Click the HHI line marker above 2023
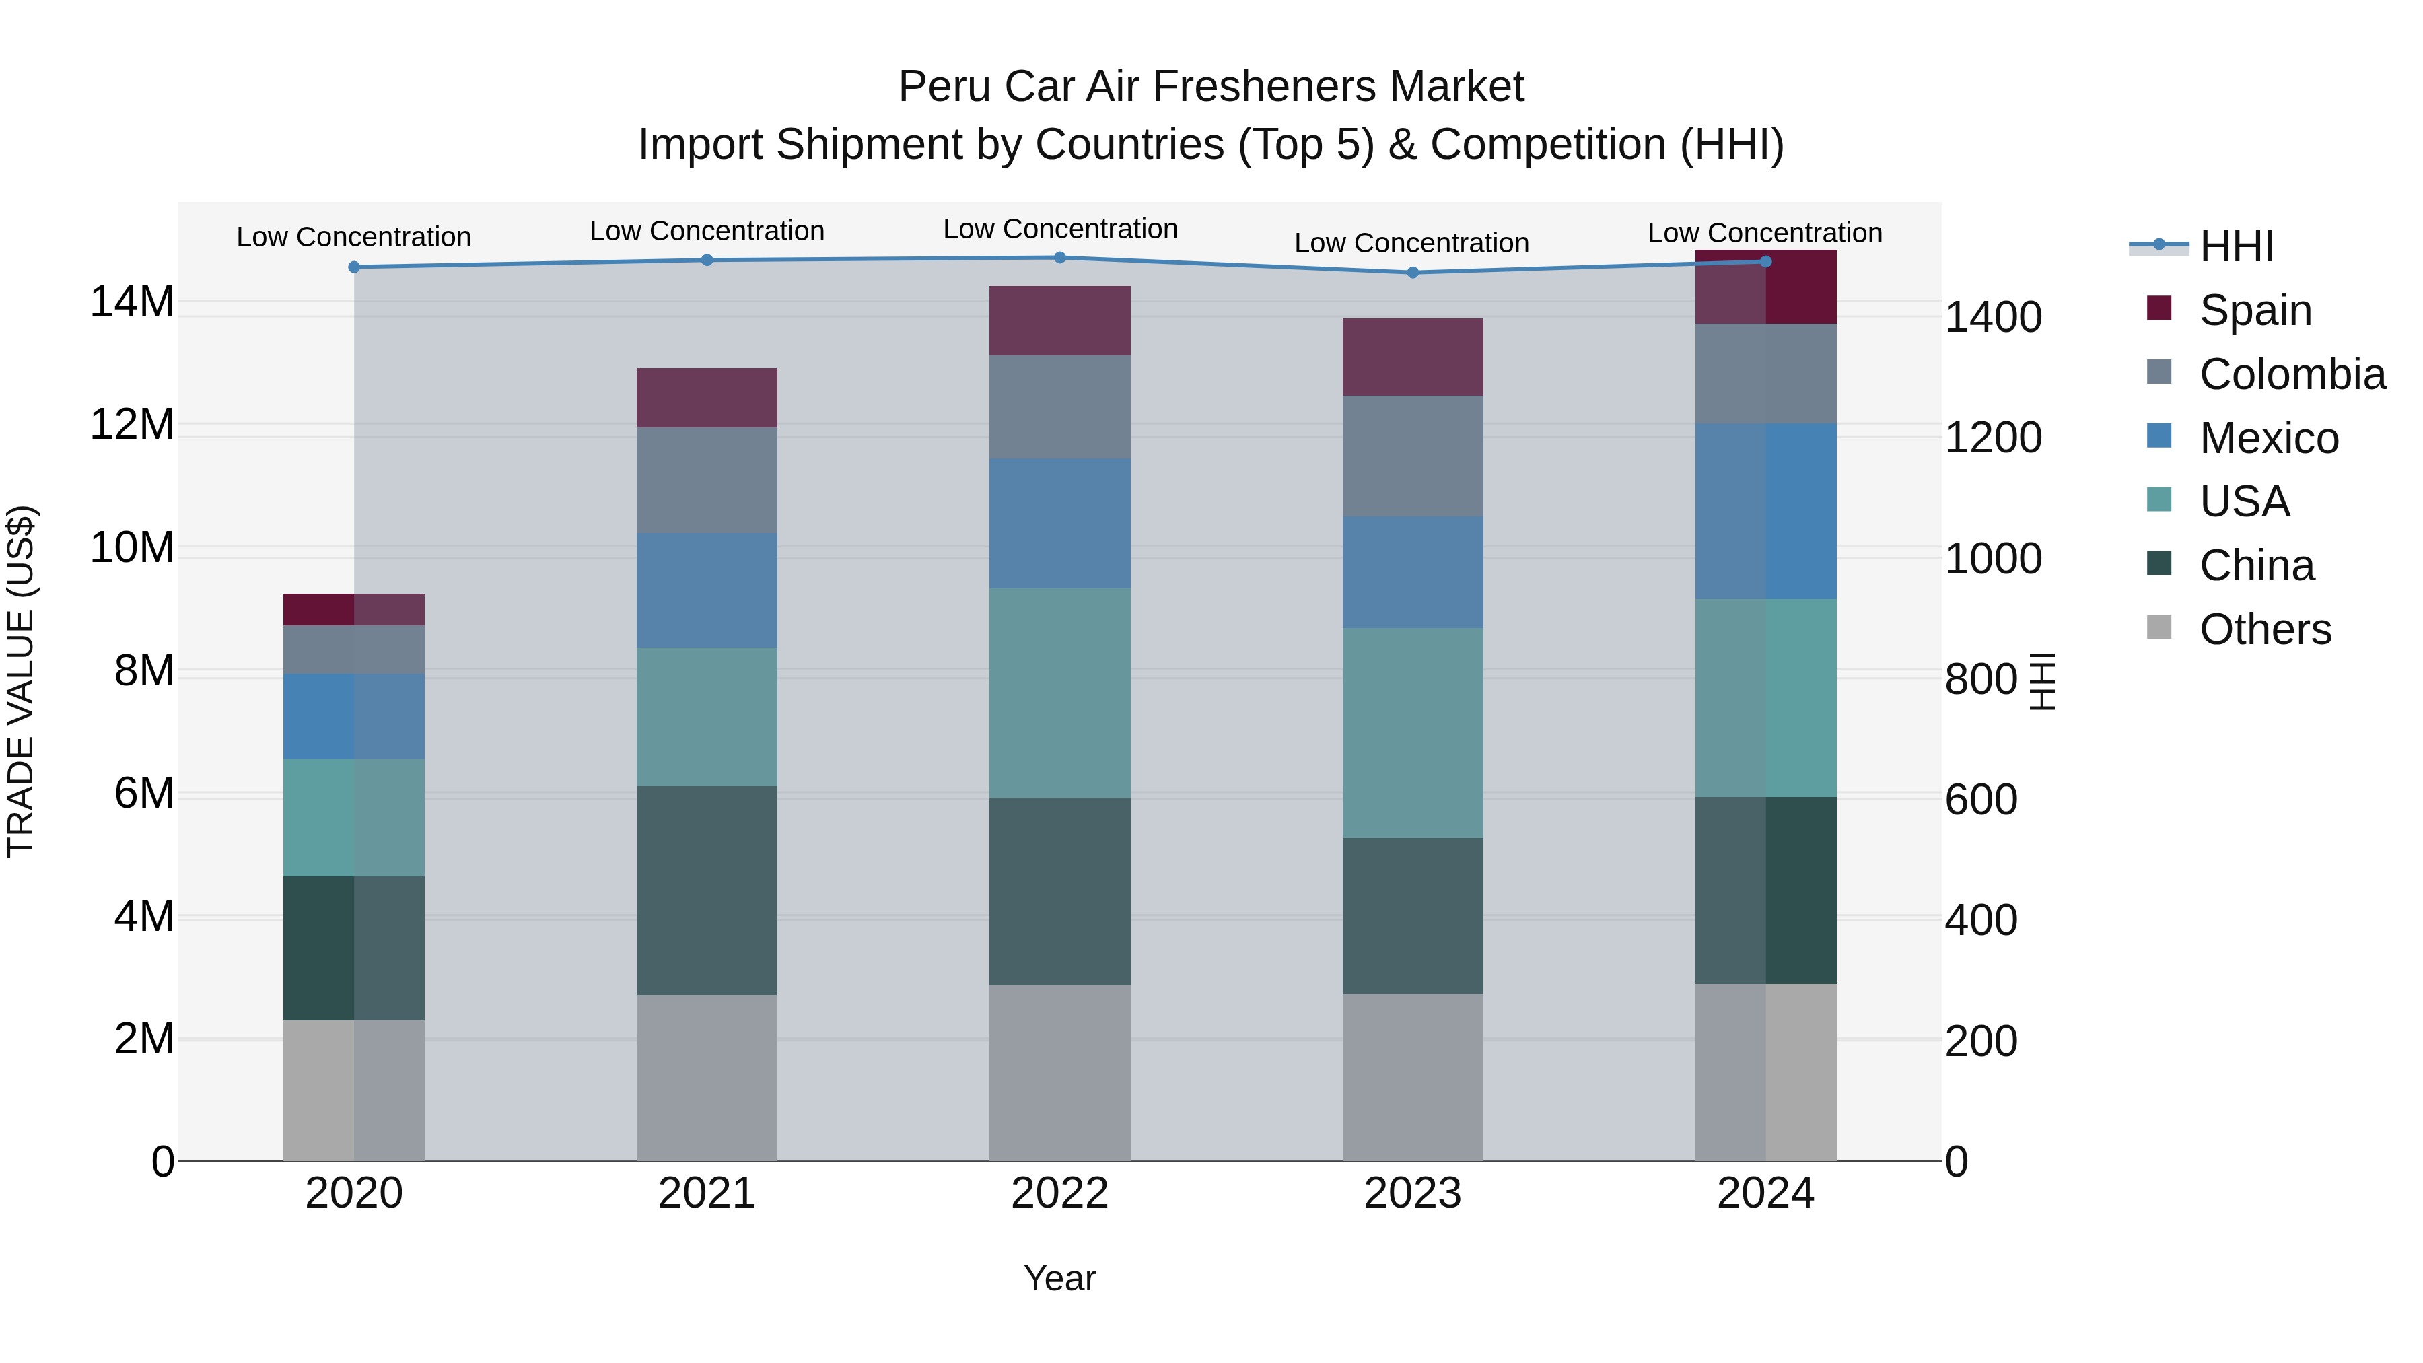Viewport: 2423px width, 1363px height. coord(1412,273)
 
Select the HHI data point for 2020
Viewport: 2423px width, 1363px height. coord(353,267)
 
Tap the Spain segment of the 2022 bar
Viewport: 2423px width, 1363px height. coord(1059,321)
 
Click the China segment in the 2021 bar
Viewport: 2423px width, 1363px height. coord(707,890)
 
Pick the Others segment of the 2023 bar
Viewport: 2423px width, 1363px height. coord(1412,1076)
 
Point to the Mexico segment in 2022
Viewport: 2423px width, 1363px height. coord(1059,523)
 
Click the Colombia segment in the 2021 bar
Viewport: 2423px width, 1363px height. coord(707,480)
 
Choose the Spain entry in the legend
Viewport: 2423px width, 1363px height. coord(2255,310)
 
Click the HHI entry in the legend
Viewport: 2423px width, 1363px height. coord(2236,246)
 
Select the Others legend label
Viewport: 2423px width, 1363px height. coord(2265,629)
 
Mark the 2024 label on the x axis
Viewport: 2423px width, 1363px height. coord(1765,1193)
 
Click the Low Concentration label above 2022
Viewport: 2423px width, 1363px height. coord(1059,229)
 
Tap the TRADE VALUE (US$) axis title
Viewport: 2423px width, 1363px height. coord(21,681)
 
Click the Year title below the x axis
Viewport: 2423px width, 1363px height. coord(1059,1278)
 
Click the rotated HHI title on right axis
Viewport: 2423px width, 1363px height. coord(2043,681)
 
